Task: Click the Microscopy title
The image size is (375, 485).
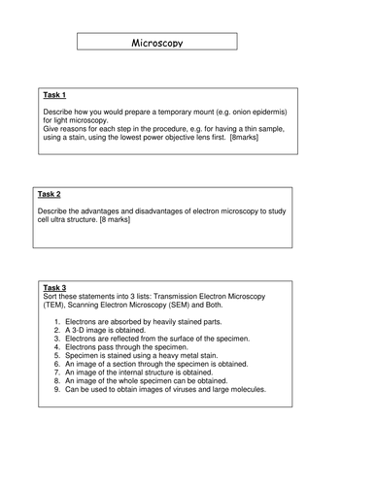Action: [x=156, y=43]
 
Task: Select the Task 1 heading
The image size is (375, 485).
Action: [x=54, y=95]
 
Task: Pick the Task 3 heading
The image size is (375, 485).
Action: [x=54, y=287]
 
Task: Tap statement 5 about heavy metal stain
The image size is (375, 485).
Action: [x=142, y=355]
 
